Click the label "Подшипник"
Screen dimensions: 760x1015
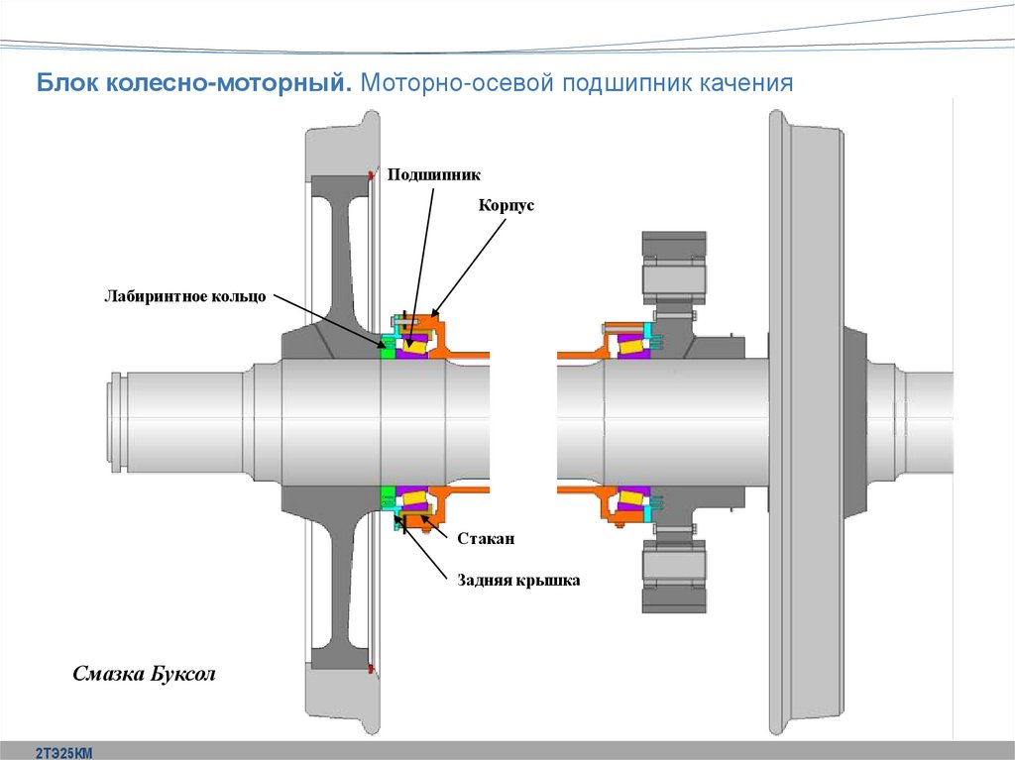tap(433, 174)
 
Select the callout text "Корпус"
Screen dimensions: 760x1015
tap(506, 205)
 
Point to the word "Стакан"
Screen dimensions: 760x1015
tap(487, 538)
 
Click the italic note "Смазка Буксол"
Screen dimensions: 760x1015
tap(144, 674)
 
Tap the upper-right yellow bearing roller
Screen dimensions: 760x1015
tap(630, 344)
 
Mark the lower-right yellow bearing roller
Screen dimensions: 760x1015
tap(630, 499)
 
